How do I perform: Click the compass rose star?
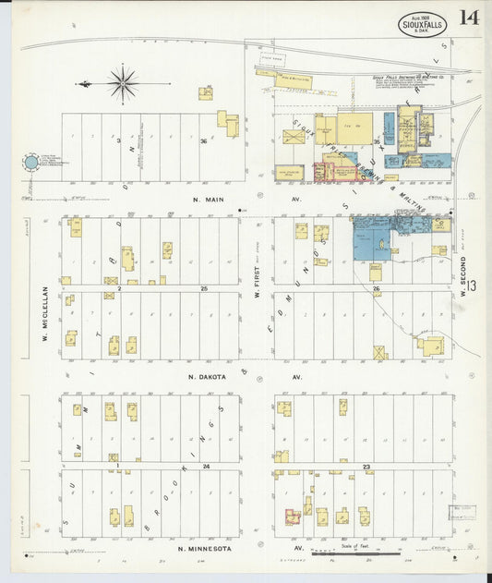pyautogui.click(x=122, y=84)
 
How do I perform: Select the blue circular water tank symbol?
pyautogui.click(x=31, y=163)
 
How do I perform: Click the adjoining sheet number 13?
pyautogui.click(x=471, y=288)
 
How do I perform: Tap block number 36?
pyautogui.click(x=203, y=141)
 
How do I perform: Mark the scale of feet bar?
pyautogui.click(x=355, y=553)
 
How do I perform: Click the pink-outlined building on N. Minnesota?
pyautogui.click(x=293, y=516)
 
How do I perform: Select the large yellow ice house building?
pyautogui.click(x=354, y=128)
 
